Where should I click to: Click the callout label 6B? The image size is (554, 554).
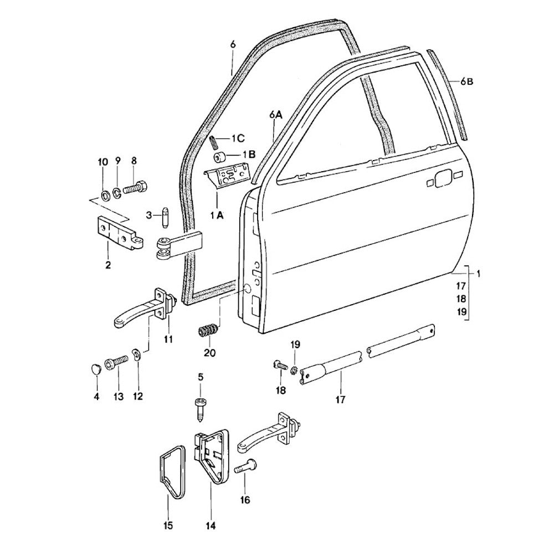point(467,82)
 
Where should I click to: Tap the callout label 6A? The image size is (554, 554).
point(276,115)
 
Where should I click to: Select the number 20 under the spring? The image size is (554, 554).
point(210,352)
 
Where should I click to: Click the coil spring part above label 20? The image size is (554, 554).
point(207,331)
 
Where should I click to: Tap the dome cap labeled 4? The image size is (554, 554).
point(96,368)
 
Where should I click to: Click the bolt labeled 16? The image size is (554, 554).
point(245,467)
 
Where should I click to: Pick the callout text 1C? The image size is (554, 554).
point(238,137)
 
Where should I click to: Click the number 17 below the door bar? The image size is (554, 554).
point(340,399)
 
